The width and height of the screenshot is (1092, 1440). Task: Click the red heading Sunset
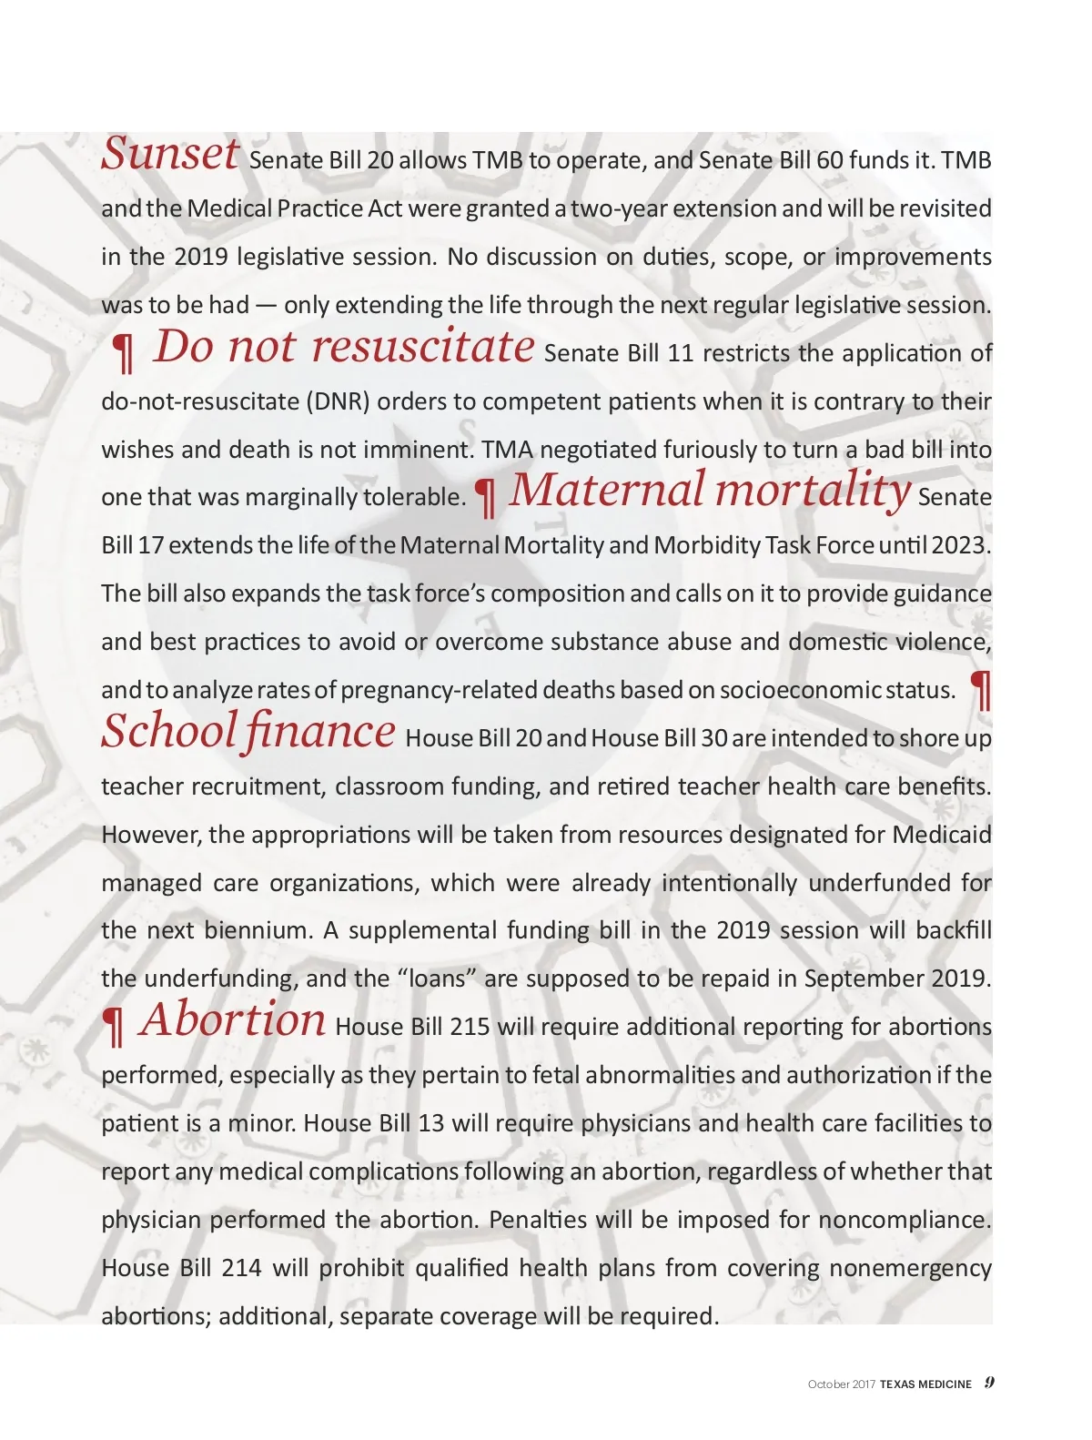[170, 153]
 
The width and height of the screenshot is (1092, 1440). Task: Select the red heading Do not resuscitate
[344, 346]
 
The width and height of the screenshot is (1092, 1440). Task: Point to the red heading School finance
[248, 730]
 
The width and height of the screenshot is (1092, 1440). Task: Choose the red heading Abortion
[233, 1019]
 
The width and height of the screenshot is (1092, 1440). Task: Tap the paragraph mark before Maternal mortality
[487, 496]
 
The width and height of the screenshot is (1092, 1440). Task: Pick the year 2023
[960, 545]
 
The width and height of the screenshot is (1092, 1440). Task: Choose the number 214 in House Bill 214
[241, 1268]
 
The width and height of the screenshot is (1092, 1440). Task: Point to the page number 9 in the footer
[989, 1383]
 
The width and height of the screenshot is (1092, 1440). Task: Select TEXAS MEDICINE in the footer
[925, 1384]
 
